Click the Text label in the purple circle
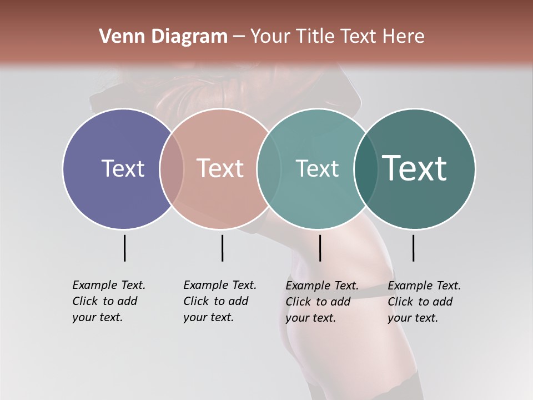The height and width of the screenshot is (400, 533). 123,168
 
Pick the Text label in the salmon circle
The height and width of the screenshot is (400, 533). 220,168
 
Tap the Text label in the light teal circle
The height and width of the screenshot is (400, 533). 317,168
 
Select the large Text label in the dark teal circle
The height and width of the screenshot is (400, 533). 415,168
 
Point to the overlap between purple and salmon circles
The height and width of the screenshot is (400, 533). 172,168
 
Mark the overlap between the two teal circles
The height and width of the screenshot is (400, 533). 366,168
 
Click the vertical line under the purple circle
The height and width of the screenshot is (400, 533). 124,248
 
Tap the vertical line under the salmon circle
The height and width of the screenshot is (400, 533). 222,248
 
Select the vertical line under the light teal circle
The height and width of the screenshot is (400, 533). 320,248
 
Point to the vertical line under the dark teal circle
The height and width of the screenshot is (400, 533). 413,248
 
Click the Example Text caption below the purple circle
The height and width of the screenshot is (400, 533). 109,301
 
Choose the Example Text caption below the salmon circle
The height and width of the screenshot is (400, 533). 220,301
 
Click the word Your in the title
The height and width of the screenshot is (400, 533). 270,37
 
